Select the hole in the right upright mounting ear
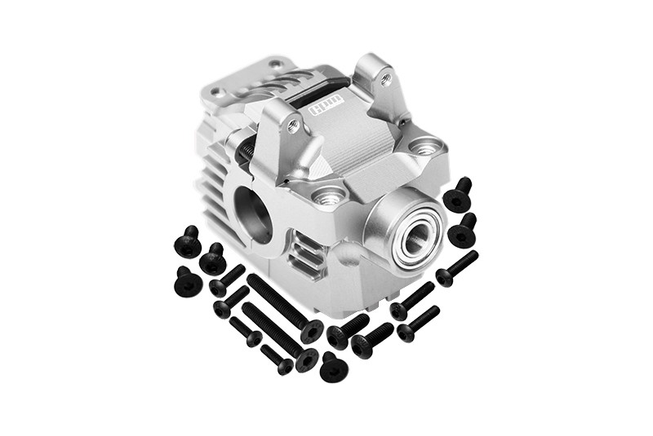(386, 79)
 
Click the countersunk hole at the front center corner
(328, 196)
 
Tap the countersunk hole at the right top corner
(424, 147)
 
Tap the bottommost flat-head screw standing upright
(333, 368)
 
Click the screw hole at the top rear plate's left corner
(216, 91)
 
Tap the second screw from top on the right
(463, 231)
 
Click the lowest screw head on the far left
(189, 281)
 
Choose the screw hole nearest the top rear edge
(276, 64)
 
